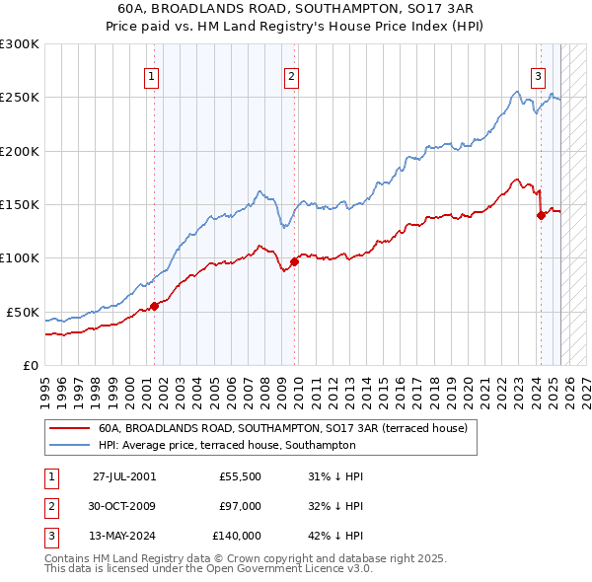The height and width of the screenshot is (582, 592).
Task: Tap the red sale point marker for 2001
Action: [x=154, y=306]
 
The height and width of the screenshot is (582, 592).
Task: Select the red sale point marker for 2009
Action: [x=295, y=261]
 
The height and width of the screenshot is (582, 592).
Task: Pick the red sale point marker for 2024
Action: [x=541, y=216]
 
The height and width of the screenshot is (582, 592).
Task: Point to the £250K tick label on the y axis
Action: [x=19, y=98]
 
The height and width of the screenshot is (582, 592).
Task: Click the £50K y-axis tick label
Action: [x=23, y=312]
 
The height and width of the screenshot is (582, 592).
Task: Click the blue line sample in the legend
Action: [x=70, y=445]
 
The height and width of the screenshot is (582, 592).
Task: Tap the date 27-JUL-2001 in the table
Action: [x=124, y=476]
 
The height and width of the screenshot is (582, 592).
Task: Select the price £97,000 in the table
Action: [x=241, y=506]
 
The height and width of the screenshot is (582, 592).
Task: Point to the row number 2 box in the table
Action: [x=50, y=506]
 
